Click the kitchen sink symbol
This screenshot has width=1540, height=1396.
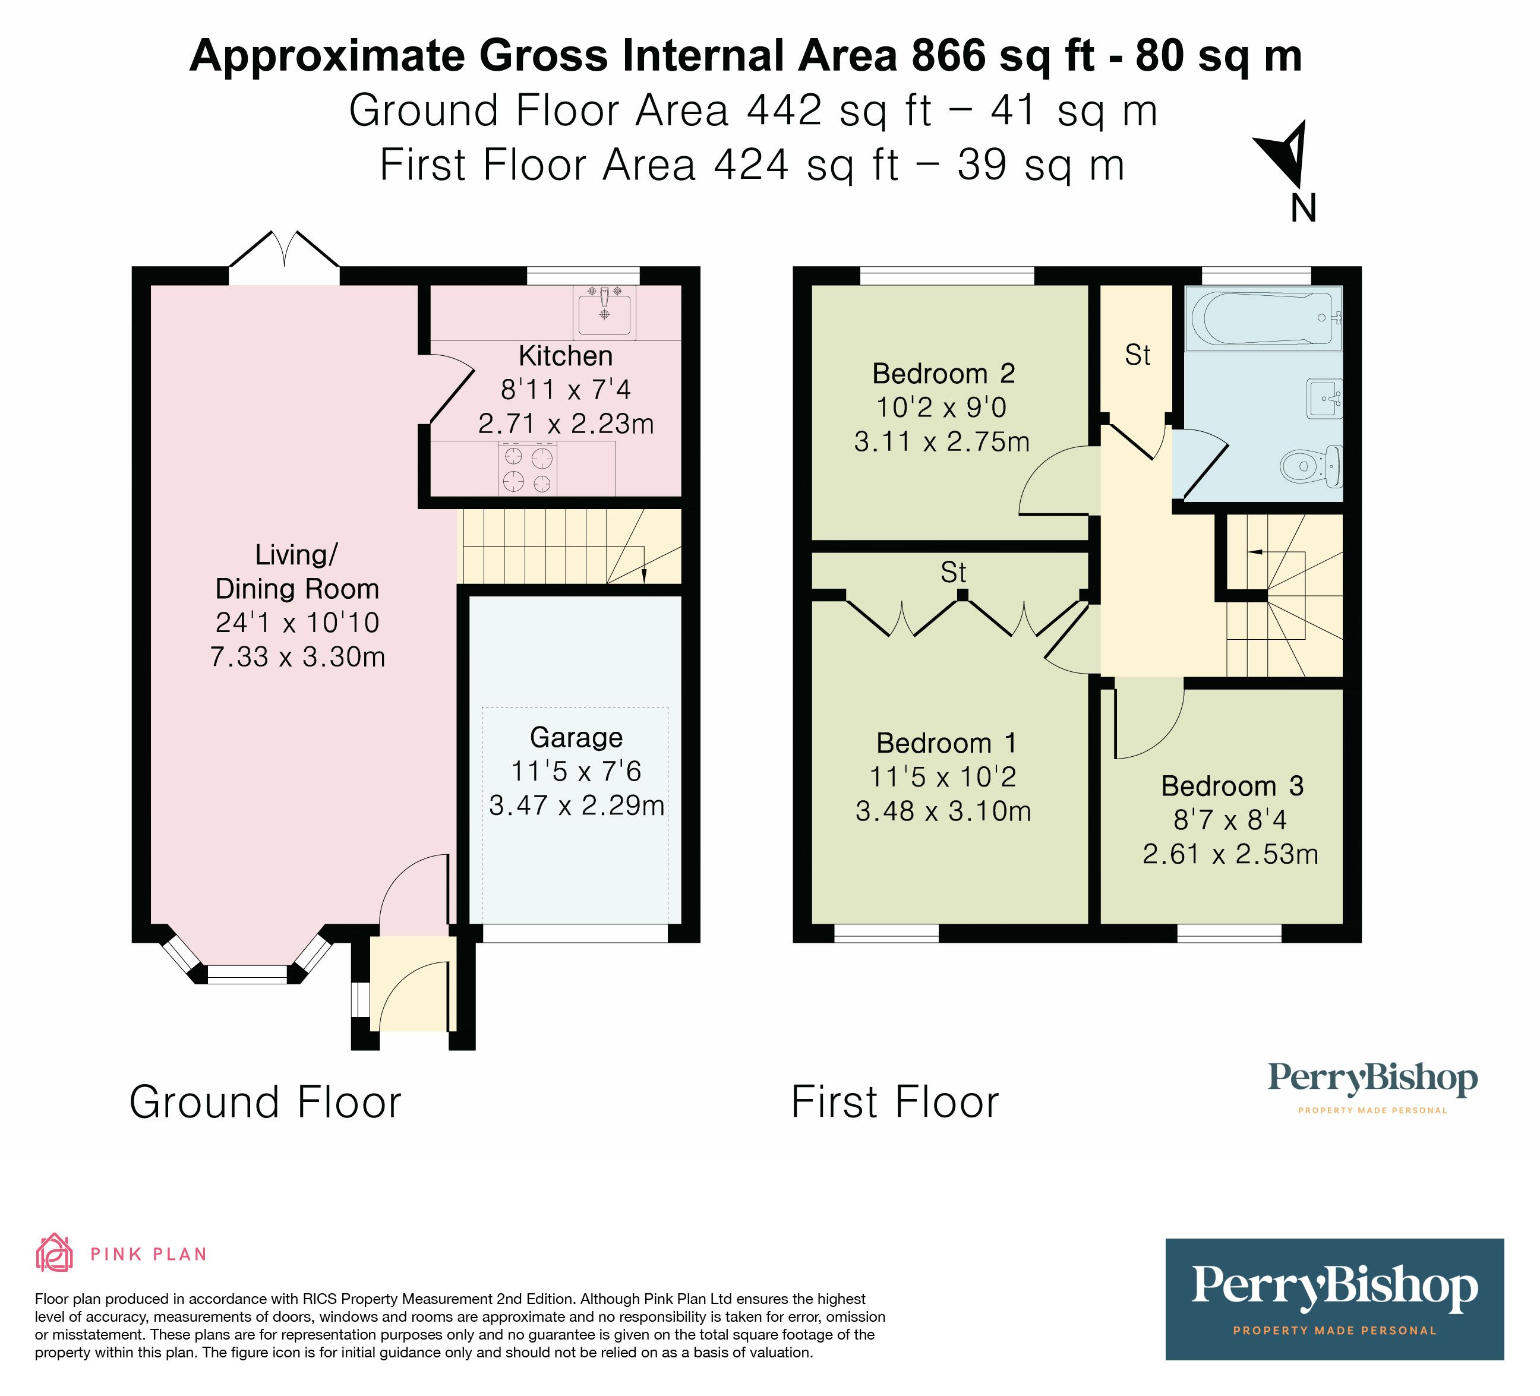[x=604, y=312]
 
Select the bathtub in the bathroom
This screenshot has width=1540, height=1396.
[x=1262, y=318]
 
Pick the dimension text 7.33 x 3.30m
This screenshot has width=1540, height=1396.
[x=297, y=657]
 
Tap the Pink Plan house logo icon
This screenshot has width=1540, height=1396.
[x=54, y=1254]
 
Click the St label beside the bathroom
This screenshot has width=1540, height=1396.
[x=1137, y=355]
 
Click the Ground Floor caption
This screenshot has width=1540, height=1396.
[x=265, y=1102]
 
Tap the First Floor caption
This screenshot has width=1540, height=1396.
[x=895, y=1102]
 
